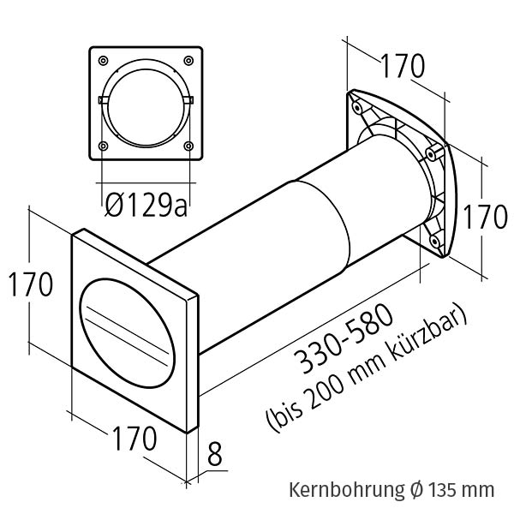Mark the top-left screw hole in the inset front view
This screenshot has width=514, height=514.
click(x=104, y=61)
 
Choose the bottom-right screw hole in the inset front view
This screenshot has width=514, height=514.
click(x=188, y=146)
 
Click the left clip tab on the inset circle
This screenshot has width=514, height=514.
click(x=104, y=101)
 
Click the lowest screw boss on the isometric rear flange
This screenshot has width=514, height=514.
click(x=437, y=242)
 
